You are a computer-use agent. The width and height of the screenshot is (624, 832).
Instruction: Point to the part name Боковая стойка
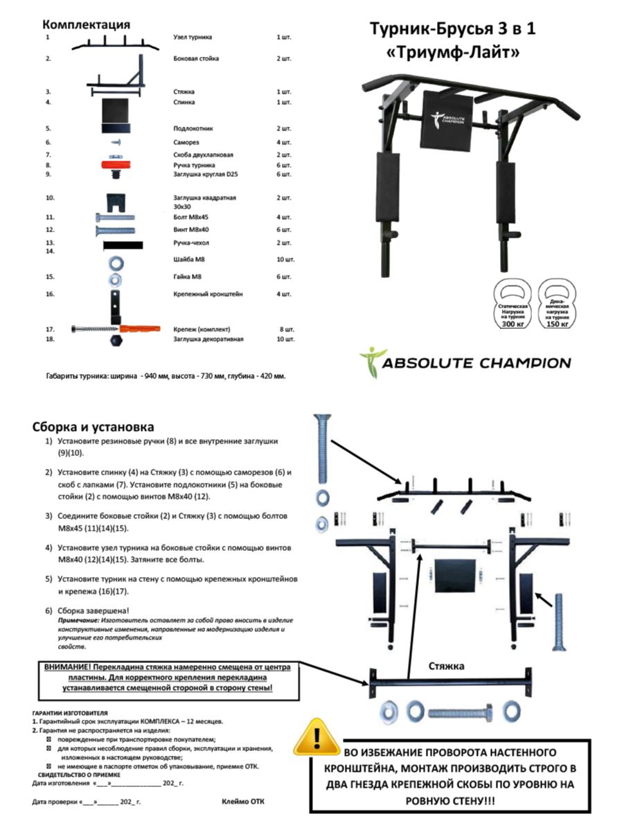(x=196, y=59)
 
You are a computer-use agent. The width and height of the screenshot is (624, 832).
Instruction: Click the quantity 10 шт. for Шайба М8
(x=285, y=260)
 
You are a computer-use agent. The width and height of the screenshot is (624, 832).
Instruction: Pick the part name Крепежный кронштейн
(x=208, y=294)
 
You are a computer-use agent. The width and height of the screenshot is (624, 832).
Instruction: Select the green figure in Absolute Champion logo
(x=368, y=362)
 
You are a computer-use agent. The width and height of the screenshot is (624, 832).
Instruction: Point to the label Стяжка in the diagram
(x=447, y=666)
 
